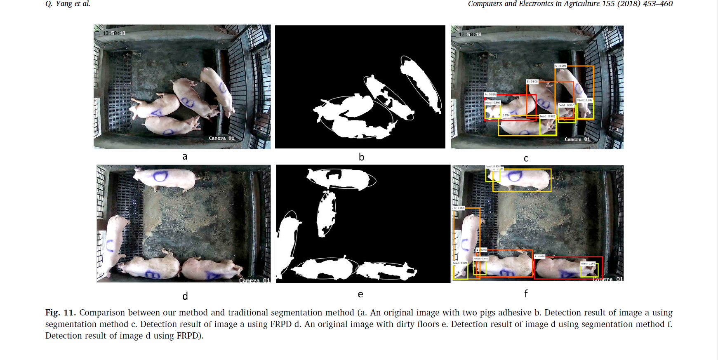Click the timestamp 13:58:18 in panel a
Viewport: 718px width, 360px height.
[x=114, y=33]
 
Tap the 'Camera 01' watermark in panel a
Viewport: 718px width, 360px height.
[x=221, y=138]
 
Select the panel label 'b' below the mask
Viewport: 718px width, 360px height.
[x=361, y=157]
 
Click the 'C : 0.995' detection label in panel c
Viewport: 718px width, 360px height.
[x=561, y=66]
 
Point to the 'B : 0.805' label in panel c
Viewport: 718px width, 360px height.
[x=532, y=82]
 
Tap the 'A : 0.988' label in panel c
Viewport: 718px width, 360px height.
[x=490, y=94]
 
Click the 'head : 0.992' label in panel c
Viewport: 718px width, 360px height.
[x=548, y=116]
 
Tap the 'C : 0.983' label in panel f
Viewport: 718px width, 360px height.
[x=459, y=208]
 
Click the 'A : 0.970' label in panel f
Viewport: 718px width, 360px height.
[x=540, y=256]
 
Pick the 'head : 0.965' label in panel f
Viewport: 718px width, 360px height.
[x=588, y=264]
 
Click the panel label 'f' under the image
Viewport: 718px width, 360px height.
[x=526, y=294]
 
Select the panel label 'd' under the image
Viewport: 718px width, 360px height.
[x=185, y=296]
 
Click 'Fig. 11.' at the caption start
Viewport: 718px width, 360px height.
[x=60, y=313]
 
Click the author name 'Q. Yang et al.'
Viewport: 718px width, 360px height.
[x=68, y=4]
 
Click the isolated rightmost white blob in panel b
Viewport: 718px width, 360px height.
[x=421, y=85]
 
